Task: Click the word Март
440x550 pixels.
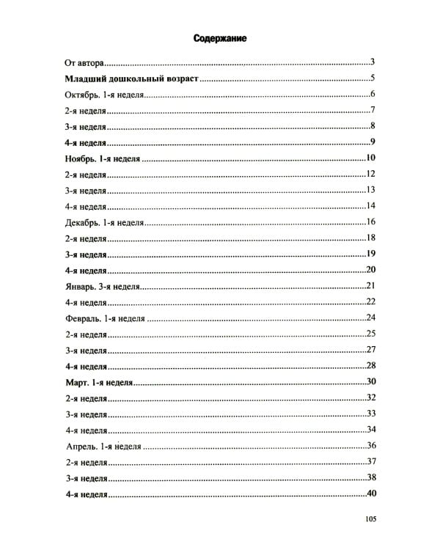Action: pos(71,381)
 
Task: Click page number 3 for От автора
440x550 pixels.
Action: pos(373,62)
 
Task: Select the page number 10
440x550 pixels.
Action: pos(370,158)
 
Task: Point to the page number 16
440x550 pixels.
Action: pos(370,221)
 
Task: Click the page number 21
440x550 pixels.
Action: pos(370,285)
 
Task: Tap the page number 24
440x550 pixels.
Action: pos(370,317)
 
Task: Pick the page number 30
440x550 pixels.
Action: pos(370,381)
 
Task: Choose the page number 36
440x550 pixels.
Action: pos(370,444)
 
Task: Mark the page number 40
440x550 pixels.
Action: pos(370,493)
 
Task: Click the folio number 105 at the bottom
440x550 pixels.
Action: pos(369,519)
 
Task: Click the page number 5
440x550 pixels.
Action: pos(373,78)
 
